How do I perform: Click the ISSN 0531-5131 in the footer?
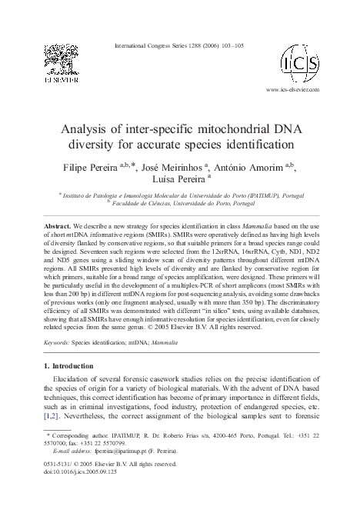click(55, 465)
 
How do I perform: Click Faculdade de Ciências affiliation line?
click(180, 205)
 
